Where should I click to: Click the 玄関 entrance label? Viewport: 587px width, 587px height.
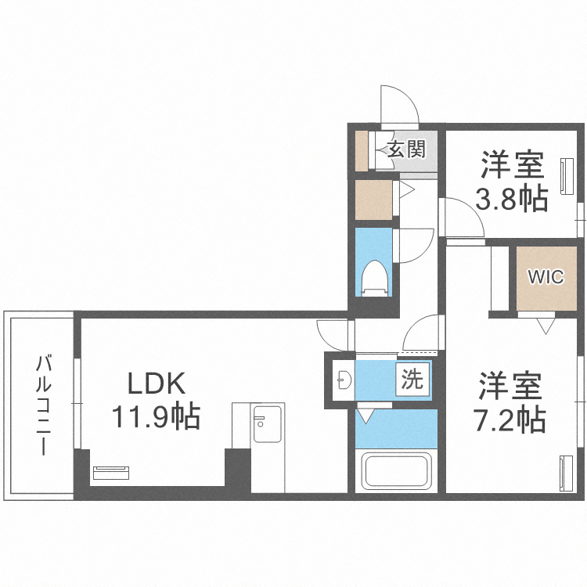click(x=406, y=149)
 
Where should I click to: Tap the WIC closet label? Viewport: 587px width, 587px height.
click(x=546, y=276)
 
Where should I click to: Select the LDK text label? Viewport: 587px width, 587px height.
click(x=157, y=383)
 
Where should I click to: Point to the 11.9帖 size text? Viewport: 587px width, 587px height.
click(x=156, y=416)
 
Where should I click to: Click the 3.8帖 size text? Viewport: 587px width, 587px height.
click(x=512, y=198)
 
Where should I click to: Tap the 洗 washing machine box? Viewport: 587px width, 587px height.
click(x=412, y=380)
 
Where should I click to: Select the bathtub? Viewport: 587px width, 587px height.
click(x=396, y=471)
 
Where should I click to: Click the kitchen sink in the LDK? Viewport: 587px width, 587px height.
click(x=268, y=423)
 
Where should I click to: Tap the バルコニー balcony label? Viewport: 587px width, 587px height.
click(x=43, y=405)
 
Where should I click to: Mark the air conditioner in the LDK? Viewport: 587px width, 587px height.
click(x=111, y=473)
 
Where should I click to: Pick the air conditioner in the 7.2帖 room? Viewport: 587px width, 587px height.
click(x=566, y=473)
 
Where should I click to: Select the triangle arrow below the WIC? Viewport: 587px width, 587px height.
click(x=546, y=326)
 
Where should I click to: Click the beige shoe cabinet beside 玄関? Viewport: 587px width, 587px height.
click(x=362, y=150)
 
